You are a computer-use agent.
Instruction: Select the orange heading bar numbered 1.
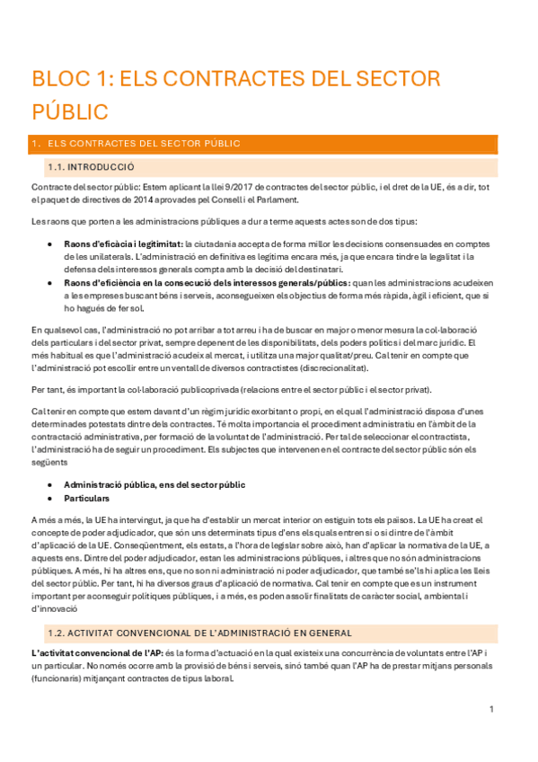(269, 144)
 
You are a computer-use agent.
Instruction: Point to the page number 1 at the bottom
(491, 709)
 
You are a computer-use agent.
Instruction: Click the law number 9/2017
(203, 187)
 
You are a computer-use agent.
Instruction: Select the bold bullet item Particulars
(86, 498)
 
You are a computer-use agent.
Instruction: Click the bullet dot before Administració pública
(50, 485)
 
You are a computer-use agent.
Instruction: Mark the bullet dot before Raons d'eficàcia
(50, 244)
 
